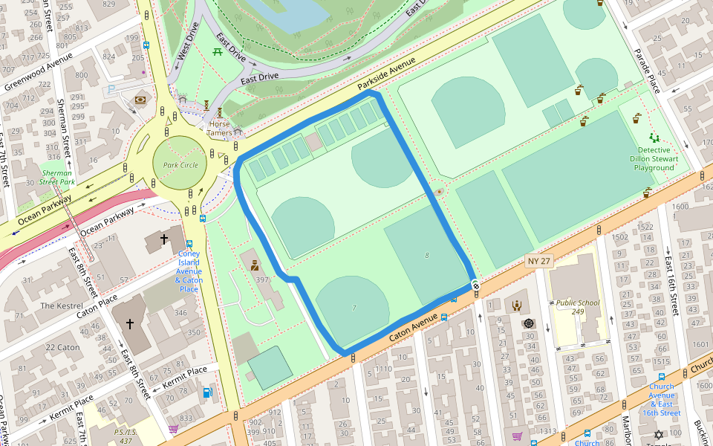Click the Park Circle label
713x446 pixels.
point(180,165)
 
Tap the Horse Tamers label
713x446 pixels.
point(221,128)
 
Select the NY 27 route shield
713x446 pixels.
point(539,261)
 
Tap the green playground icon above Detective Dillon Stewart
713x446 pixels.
point(654,138)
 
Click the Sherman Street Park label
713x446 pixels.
point(57,177)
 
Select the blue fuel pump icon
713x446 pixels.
point(207,392)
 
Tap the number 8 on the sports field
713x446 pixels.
point(426,256)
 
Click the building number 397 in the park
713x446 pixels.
point(261,279)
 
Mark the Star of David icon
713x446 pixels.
point(657,434)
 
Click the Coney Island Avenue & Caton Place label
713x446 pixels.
point(189,271)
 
